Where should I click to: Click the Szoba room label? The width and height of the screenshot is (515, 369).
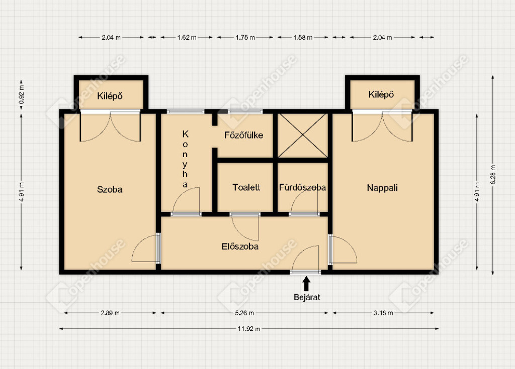pyautogui.click(x=110, y=189)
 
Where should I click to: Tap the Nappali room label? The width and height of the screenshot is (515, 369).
pyautogui.click(x=382, y=188)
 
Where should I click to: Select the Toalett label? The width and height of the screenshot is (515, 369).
pyautogui.click(x=246, y=187)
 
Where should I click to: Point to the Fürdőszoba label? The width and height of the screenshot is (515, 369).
pyautogui.click(x=302, y=187)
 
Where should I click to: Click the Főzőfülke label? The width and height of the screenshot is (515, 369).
pyautogui.click(x=244, y=135)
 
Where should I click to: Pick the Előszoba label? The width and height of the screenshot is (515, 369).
pyautogui.click(x=240, y=247)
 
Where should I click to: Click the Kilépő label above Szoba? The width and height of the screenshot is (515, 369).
pyautogui.click(x=110, y=96)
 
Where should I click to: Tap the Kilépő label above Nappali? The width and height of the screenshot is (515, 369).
pyautogui.click(x=381, y=94)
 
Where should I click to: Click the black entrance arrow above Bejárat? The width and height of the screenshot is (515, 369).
pyautogui.click(x=306, y=284)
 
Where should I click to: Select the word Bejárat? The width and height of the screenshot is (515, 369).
pyautogui.click(x=307, y=297)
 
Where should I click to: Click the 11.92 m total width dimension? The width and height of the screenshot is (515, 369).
pyautogui.click(x=249, y=329)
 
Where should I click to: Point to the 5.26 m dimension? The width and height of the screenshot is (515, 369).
pyautogui.click(x=244, y=313)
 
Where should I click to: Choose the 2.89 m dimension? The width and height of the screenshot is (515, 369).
pyautogui.click(x=110, y=313)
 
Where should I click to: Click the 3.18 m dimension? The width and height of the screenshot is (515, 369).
pyautogui.click(x=383, y=313)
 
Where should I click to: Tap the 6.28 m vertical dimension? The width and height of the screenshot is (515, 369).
pyautogui.click(x=493, y=175)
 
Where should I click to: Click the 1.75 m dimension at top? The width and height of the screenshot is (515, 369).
pyautogui.click(x=245, y=37)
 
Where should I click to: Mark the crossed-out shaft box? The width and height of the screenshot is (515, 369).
pyautogui.click(x=302, y=136)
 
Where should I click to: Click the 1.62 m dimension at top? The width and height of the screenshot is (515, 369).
pyautogui.click(x=187, y=37)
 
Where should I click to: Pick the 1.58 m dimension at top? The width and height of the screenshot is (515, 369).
pyautogui.click(x=303, y=37)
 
